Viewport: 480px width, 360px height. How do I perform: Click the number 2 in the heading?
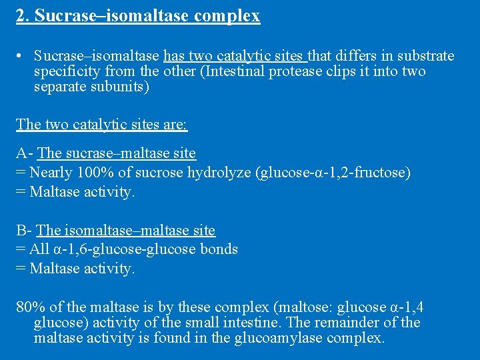pyautogui.click(x=20, y=15)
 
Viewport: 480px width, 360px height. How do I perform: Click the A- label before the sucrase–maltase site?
pyautogui.click(x=25, y=153)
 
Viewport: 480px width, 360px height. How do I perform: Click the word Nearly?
pyautogui.click(x=52, y=173)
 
